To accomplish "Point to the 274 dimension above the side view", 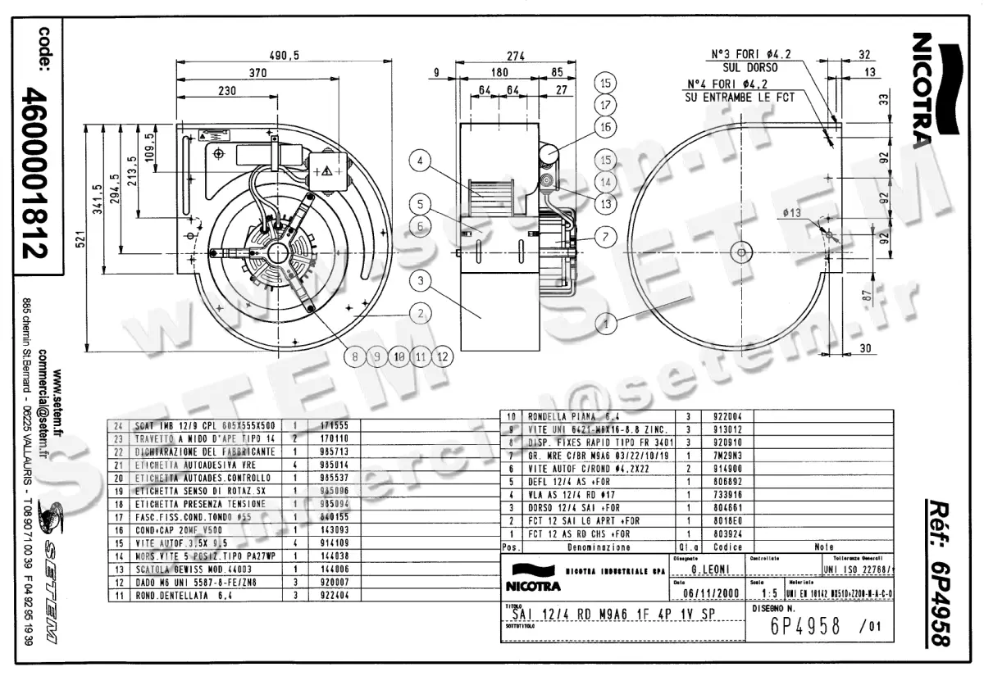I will click(515, 57).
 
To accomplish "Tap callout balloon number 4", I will click(419, 162).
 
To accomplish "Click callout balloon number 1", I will click(606, 324).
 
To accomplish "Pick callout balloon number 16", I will click(606, 127).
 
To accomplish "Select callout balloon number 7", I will click(604, 238).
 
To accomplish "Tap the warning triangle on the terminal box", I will click(326, 171).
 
